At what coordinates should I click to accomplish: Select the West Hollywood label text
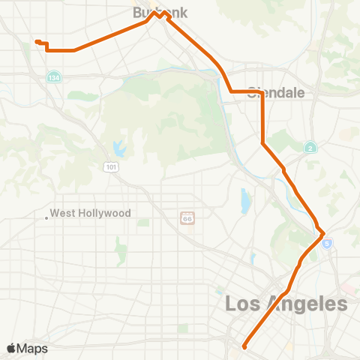[91, 214]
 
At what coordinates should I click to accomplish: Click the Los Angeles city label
[286, 304]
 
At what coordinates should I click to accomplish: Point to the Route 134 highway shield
[53, 77]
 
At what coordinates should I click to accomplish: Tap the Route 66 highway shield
[187, 217]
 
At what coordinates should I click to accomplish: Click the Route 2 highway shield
[310, 148]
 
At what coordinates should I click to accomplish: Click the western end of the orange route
[36, 41]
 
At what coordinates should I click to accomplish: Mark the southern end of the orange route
[244, 346]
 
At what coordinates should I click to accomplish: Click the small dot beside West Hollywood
[46, 218]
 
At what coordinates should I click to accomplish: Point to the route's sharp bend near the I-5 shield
[323, 235]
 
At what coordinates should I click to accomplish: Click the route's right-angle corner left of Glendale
[229, 92]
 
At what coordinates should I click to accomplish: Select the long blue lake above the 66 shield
[245, 200]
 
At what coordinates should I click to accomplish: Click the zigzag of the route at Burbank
[159, 14]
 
